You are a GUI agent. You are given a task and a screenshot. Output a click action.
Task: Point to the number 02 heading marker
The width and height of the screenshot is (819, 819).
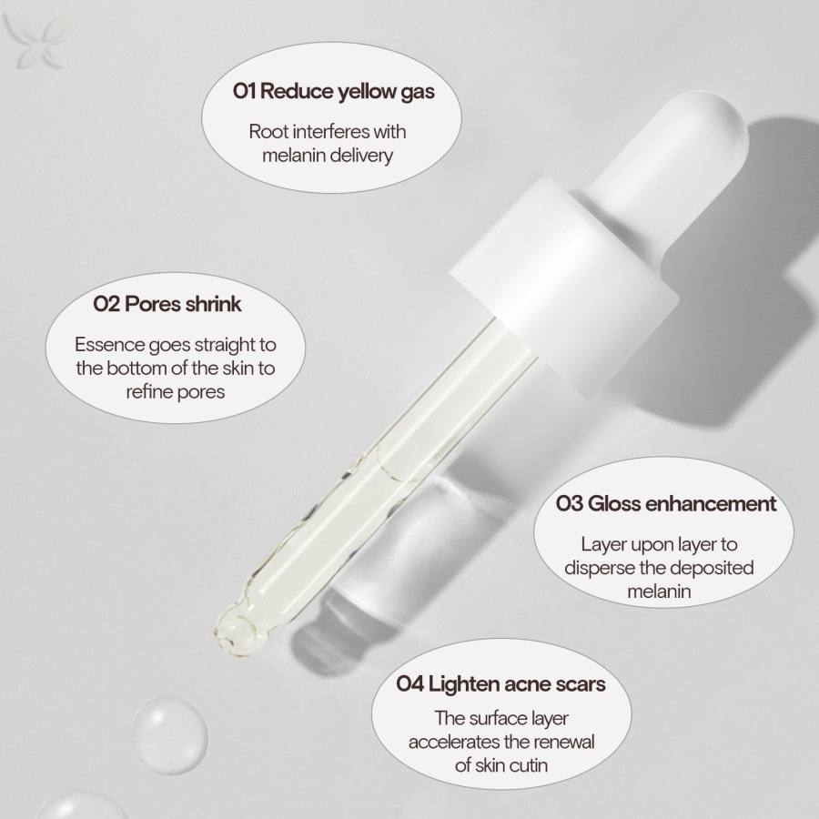(106, 303)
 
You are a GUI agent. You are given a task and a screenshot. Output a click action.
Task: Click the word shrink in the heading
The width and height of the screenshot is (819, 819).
(213, 303)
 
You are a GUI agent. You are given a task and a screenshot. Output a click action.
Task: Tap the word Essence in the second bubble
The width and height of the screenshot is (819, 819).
(107, 345)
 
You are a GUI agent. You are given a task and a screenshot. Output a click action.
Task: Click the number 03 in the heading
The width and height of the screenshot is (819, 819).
(569, 503)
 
